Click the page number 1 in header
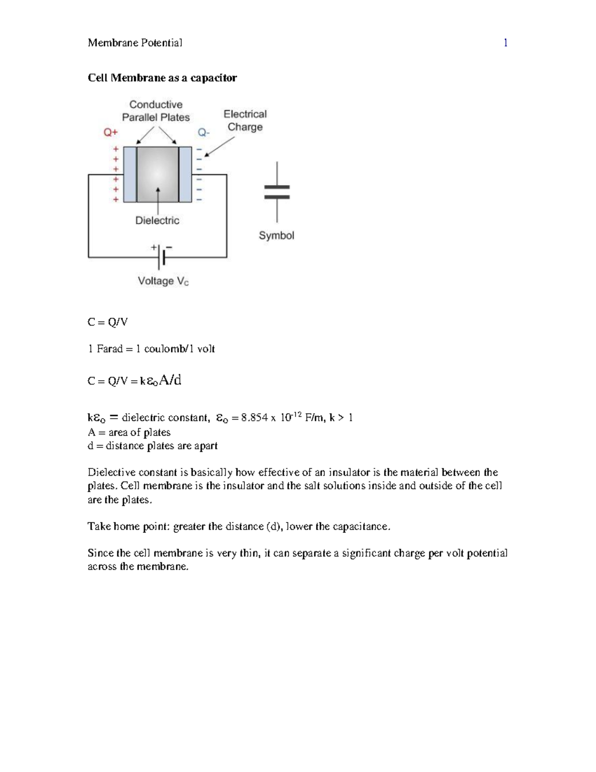click(x=505, y=43)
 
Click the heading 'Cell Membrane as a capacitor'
click(x=162, y=78)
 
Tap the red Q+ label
click(x=110, y=132)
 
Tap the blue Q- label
click(x=204, y=133)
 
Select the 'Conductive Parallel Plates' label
click(x=156, y=111)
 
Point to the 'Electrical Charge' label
click(x=245, y=120)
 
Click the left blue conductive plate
click(x=130, y=174)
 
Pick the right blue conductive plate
click(x=185, y=174)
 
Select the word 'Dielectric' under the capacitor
click(x=157, y=220)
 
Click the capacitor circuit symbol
click(x=277, y=192)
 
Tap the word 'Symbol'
click(x=276, y=236)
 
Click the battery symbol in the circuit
click(x=161, y=257)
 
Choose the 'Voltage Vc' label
click(x=163, y=281)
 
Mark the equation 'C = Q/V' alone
click(x=107, y=322)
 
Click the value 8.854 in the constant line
click(x=254, y=418)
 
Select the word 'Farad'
click(x=109, y=349)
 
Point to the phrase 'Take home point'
click(x=128, y=526)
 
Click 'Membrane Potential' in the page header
click(x=135, y=43)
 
